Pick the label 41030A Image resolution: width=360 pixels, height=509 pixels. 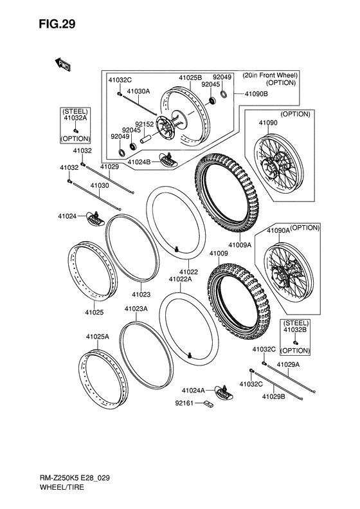click(138, 91)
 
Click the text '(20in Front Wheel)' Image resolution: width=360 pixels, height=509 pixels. click(269, 75)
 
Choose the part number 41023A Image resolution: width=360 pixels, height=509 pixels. click(136, 309)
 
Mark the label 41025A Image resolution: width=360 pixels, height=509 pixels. click(97, 337)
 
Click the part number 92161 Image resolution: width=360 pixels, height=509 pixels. click(184, 405)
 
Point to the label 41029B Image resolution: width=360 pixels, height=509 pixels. click(273, 396)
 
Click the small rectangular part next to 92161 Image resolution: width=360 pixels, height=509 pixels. click(208, 405)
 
